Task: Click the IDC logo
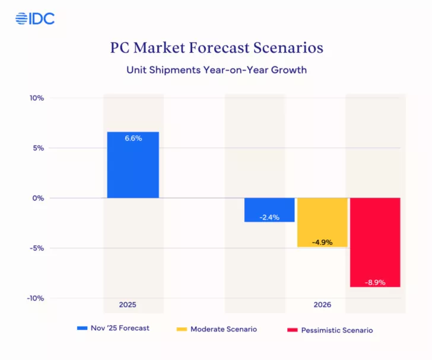[x=35, y=18]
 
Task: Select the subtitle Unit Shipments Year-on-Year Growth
[x=216, y=69]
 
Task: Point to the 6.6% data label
[x=133, y=138]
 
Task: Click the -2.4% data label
[x=269, y=217]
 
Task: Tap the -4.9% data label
[x=322, y=242]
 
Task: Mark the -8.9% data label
[x=375, y=282]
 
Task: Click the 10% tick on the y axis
[x=37, y=98]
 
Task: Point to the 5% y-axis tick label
[x=39, y=148]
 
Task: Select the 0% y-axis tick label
[x=39, y=198]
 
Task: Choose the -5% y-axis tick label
[x=37, y=248]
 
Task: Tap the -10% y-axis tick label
[x=36, y=298]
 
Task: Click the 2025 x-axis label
[x=127, y=305]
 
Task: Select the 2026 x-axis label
[x=322, y=305]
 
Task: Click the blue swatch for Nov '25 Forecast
[x=82, y=329]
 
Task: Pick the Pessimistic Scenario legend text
[x=337, y=330]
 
